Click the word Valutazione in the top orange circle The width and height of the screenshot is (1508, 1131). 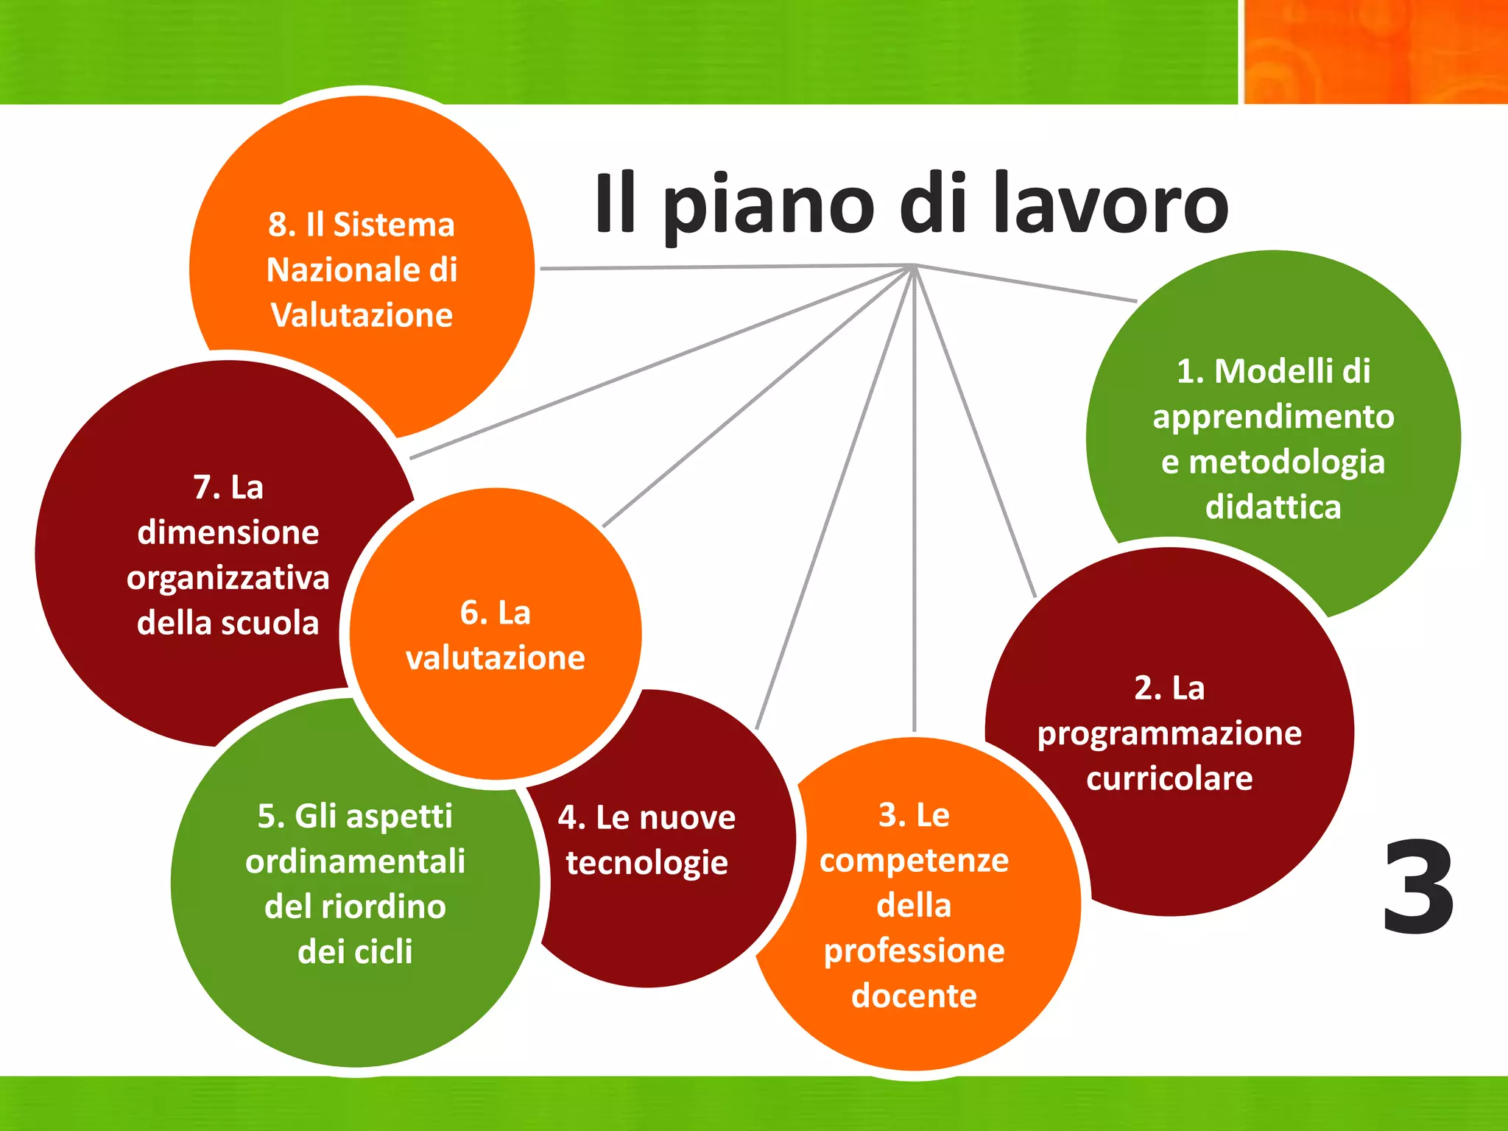[x=362, y=315]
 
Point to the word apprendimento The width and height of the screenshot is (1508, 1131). [x=1273, y=417]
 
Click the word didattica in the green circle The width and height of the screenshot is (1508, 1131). [x=1273, y=507]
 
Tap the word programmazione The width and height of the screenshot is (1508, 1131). [x=1169, y=734]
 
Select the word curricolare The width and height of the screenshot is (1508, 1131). [x=1169, y=778]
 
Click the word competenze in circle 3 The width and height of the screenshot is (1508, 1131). [x=914, y=861]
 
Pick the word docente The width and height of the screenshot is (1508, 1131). [x=914, y=996]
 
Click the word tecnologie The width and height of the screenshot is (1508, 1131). [x=646, y=863]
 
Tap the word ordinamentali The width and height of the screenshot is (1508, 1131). [x=355, y=862]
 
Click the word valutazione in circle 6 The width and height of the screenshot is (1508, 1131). [x=495, y=658]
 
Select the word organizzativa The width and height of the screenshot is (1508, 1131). [x=228, y=578]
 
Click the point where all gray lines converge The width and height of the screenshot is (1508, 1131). [x=914, y=266]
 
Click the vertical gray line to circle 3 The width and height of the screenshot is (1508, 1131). [x=914, y=515]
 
